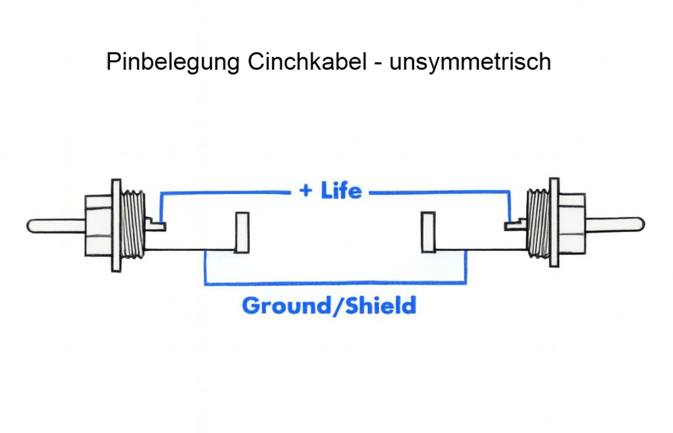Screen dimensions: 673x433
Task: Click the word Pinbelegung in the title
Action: tap(173, 62)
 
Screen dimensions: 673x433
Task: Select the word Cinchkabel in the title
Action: tap(307, 61)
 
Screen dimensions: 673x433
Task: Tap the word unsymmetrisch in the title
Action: tap(470, 62)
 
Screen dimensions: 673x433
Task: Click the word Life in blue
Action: tap(341, 190)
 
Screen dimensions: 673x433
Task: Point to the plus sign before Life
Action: tap(305, 191)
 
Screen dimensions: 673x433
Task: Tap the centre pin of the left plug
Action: tap(56, 226)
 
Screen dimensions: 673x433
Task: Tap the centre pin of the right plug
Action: tap(615, 224)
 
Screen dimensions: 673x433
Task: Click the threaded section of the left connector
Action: tap(133, 224)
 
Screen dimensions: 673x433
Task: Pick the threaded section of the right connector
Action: tap(538, 223)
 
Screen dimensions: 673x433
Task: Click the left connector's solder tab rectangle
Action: tap(242, 233)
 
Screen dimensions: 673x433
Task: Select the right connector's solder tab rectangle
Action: tap(428, 232)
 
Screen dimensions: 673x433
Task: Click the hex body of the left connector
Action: tap(99, 225)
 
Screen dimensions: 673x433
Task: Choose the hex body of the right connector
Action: tap(572, 224)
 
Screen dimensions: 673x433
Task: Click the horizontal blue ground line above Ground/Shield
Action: tap(335, 283)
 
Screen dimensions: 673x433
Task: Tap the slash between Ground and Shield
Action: tap(338, 305)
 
